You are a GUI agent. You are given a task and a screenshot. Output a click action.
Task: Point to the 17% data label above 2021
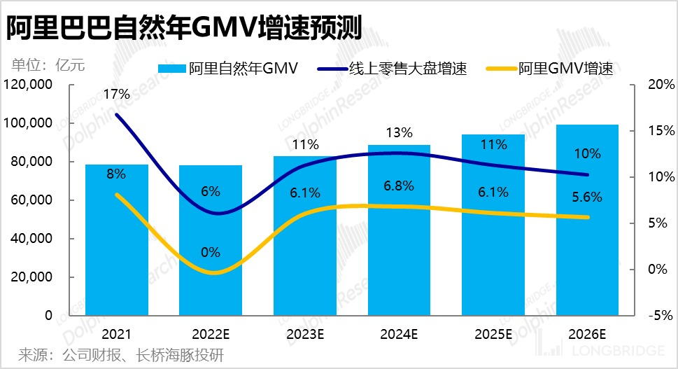pyautogui.click(x=116, y=94)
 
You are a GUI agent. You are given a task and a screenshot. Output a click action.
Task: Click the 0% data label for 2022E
pyautogui.click(x=210, y=253)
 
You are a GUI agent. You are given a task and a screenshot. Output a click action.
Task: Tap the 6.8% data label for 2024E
pyautogui.click(x=399, y=186)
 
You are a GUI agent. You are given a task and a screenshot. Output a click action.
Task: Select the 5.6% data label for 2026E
pyautogui.click(x=587, y=197)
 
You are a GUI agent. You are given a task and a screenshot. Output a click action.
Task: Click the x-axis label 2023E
pyautogui.click(x=304, y=334)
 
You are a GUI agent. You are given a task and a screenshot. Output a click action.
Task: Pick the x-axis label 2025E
pyautogui.click(x=493, y=334)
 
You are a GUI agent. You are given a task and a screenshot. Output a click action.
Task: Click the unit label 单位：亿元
pyautogui.click(x=48, y=67)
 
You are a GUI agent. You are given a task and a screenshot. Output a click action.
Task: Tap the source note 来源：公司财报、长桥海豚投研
pyautogui.click(x=120, y=355)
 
